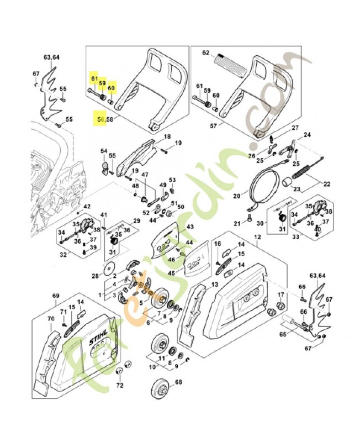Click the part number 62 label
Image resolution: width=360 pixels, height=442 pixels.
click(x=206, y=53)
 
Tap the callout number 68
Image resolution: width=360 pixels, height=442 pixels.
click(x=178, y=382)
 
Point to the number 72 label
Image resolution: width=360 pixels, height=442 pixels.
click(x=120, y=385)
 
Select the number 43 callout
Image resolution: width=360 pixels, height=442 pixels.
click(x=190, y=227)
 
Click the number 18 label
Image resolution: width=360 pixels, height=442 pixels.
click(x=166, y=136)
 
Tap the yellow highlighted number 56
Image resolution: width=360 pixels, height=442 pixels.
click(x=99, y=119)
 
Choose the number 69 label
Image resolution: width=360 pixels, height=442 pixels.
click(x=55, y=297)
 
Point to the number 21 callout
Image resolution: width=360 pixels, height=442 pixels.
click(x=237, y=223)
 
